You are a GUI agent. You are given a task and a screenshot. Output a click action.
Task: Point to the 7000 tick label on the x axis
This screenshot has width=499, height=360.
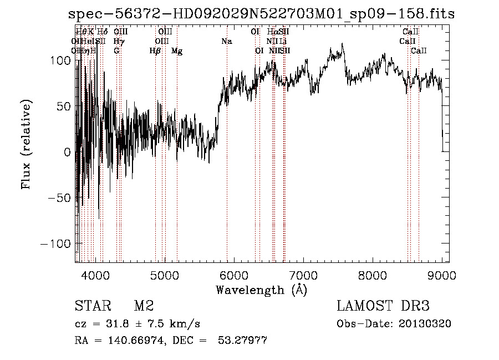point(303,275)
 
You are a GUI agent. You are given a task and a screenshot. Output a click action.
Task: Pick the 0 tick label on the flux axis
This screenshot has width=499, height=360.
point(67,153)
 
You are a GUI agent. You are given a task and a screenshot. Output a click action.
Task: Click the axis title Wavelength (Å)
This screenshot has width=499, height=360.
point(261,290)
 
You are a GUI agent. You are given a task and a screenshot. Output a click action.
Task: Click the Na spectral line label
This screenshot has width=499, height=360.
point(226,42)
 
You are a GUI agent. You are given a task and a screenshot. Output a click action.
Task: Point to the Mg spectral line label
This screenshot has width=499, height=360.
point(177,51)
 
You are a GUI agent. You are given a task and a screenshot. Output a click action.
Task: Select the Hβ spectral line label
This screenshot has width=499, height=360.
point(155,51)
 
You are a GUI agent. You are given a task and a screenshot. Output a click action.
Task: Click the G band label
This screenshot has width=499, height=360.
point(116,51)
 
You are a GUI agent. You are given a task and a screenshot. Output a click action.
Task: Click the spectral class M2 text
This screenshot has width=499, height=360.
point(144,306)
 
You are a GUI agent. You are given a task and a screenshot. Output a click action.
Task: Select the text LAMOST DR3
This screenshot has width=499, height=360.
point(383,306)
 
